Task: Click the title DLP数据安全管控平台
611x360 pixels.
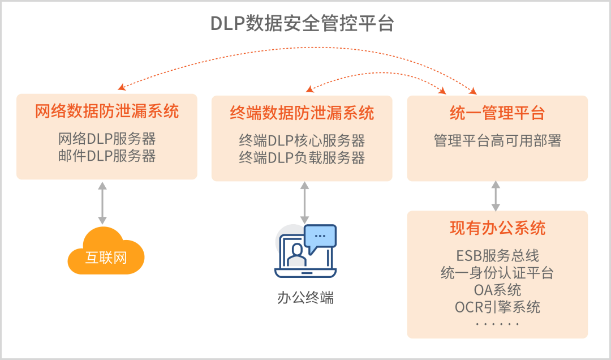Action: [x=302, y=24]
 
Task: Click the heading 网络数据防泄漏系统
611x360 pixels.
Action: [x=107, y=112]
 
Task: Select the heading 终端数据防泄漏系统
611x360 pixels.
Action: [x=302, y=113]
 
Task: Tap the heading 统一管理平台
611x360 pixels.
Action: [x=497, y=113]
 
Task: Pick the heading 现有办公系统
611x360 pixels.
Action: [x=497, y=228]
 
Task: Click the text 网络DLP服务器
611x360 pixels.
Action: [x=107, y=139]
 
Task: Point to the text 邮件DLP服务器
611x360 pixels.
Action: [x=107, y=156]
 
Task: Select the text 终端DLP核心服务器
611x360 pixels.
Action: [x=302, y=140]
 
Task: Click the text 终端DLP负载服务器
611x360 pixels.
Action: [x=302, y=157]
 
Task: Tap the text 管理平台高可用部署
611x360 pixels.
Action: [x=497, y=140]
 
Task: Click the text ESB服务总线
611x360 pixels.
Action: [x=497, y=255]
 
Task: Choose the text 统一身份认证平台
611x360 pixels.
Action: [x=497, y=273]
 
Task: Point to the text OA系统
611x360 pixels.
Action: [x=497, y=290]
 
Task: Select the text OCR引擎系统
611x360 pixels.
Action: [x=497, y=307]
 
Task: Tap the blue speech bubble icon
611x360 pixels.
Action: [x=320, y=237]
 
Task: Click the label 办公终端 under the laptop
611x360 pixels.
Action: [x=305, y=297]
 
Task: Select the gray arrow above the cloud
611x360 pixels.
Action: [x=102, y=203]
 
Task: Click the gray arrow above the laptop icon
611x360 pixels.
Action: [x=305, y=203]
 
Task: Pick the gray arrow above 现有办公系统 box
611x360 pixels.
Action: [x=496, y=196]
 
